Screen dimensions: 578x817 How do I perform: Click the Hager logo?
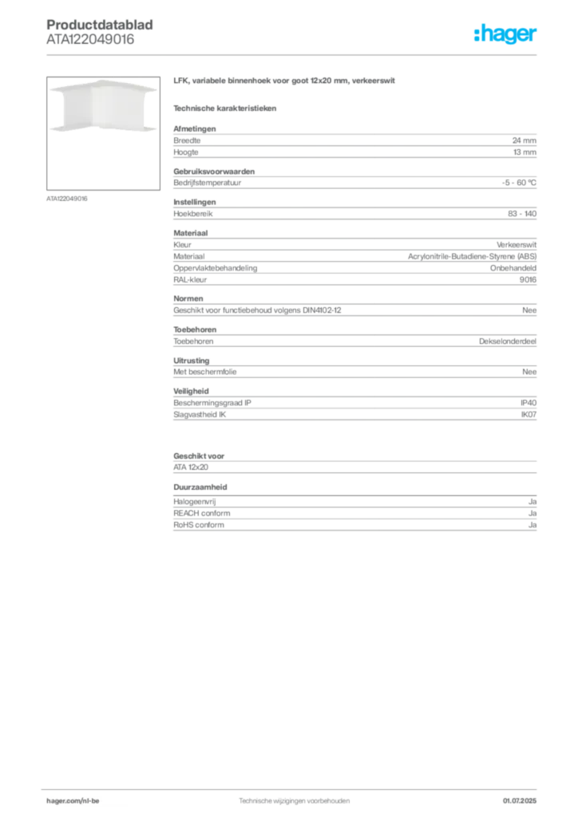click(x=505, y=34)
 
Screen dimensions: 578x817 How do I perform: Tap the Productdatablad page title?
click(x=100, y=25)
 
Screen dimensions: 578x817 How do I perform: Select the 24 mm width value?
click(x=524, y=140)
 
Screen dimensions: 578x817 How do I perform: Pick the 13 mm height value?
click(x=525, y=152)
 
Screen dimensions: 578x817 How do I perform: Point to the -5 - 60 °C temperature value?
click(x=519, y=183)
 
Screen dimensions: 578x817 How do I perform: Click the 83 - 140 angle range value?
click(x=521, y=214)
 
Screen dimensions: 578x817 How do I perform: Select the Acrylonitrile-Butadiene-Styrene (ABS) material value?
click(x=472, y=256)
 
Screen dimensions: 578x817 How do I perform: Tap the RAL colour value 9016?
click(x=528, y=280)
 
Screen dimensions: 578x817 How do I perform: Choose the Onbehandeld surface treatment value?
click(x=513, y=268)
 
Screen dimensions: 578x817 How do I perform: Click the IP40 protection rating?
click(x=528, y=403)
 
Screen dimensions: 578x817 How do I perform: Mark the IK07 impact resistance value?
click(x=529, y=415)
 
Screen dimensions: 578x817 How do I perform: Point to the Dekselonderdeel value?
click(x=507, y=341)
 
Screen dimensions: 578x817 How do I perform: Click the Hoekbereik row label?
click(x=193, y=214)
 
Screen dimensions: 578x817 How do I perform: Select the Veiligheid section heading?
click(x=191, y=391)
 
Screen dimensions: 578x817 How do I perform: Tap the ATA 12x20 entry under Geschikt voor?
click(x=191, y=468)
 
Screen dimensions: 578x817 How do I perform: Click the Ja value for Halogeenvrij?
click(x=532, y=502)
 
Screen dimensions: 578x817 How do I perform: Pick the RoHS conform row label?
click(x=199, y=525)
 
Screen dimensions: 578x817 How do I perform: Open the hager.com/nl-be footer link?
click(x=73, y=801)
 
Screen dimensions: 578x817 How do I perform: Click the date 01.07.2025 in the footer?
click(x=519, y=801)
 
